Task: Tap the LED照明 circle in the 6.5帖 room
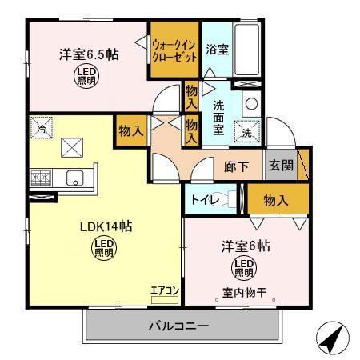tap(86, 76)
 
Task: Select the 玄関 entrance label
tap(280, 167)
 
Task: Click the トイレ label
tap(202, 199)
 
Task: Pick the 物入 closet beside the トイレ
tap(275, 200)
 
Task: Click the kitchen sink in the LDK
tap(74, 177)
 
